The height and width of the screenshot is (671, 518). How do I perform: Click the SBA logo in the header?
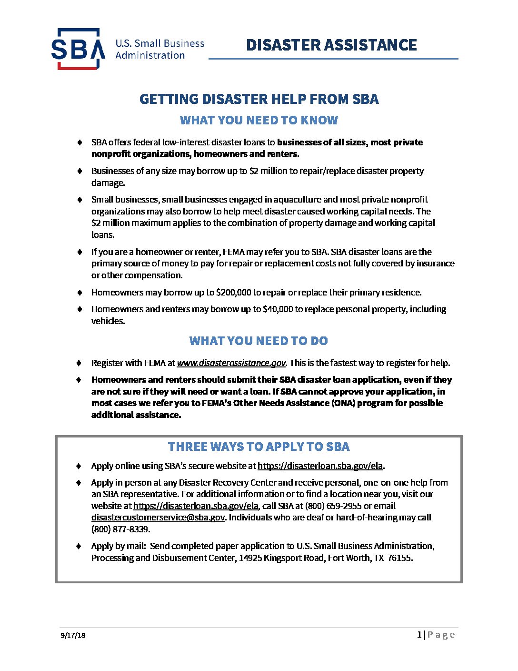[x=78, y=49]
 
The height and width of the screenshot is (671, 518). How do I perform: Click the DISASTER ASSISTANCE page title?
[x=331, y=45]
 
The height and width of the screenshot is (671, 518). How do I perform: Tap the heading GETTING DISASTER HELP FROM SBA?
[x=259, y=99]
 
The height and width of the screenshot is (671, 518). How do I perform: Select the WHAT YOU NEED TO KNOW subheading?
[x=259, y=120]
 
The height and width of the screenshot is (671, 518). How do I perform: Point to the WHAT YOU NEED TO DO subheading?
[x=259, y=341]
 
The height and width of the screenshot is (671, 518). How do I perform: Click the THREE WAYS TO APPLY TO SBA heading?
[x=259, y=447]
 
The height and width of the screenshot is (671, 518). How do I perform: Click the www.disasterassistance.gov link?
[x=231, y=363]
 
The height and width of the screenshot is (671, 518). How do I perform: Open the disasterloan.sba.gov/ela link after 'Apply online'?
[x=320, y=466]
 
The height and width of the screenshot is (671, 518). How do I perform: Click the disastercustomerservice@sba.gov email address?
[x=158, y=518]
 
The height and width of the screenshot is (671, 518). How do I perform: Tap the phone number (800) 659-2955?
[x=333, y=506]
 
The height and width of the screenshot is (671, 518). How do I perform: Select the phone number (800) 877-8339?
[x=120, y=529]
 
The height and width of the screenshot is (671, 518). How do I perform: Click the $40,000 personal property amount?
[x=278, y=309]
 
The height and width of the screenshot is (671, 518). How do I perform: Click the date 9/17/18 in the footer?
[x=73, y=635]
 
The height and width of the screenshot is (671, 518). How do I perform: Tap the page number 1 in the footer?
[x=419, y=634]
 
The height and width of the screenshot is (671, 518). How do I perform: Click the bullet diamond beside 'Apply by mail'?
[x=80, y=546]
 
